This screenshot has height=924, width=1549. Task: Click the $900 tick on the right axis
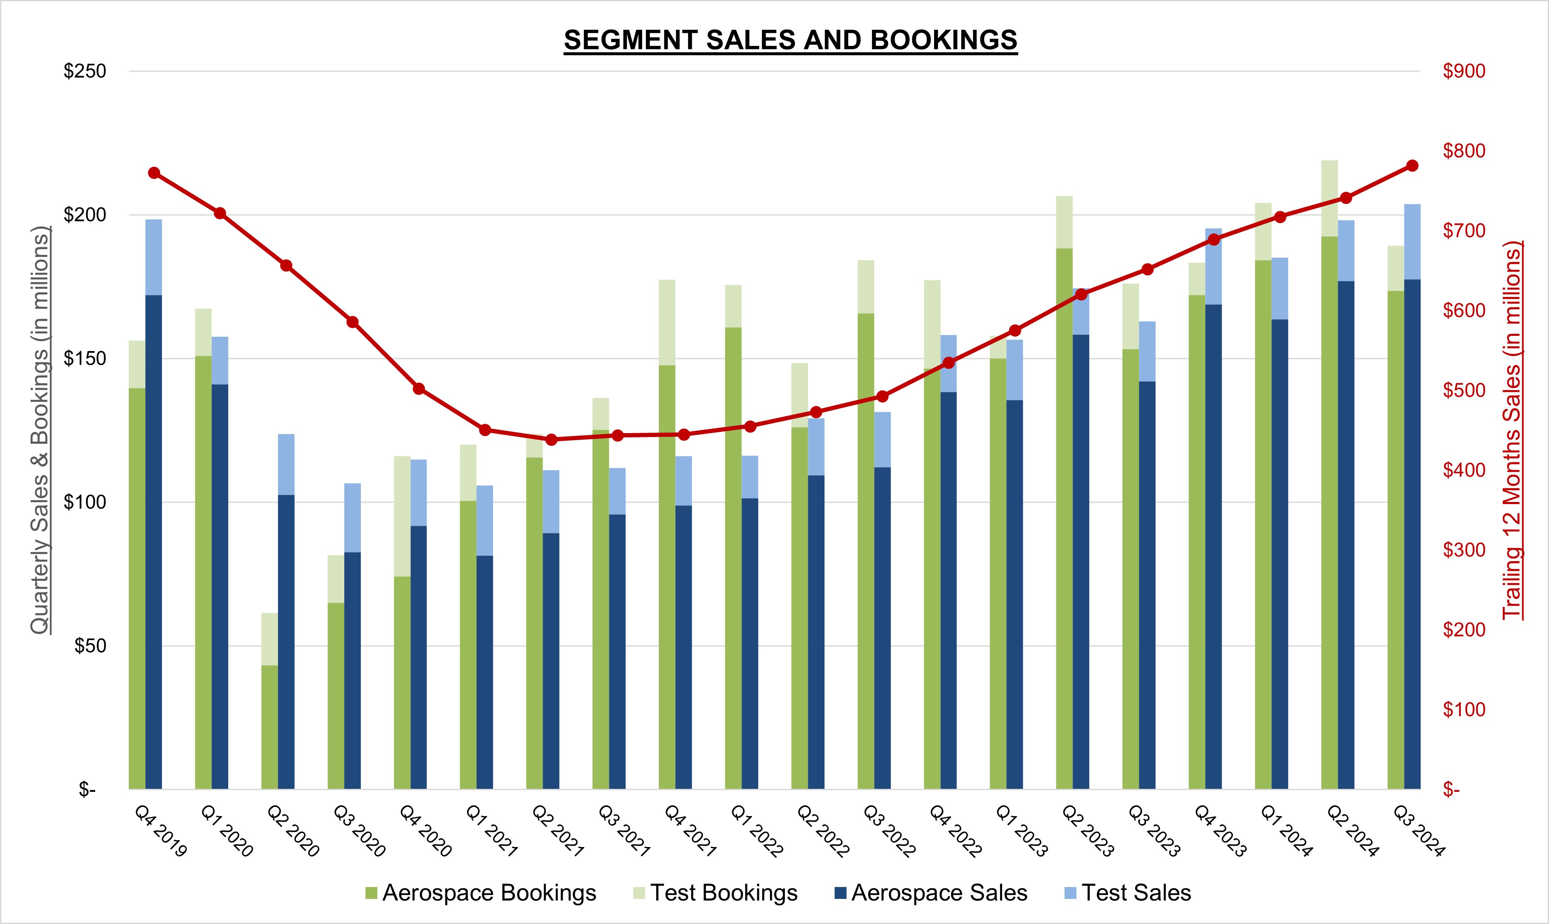tap(1464, 71)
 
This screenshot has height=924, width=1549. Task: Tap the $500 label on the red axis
tap(1464, 391)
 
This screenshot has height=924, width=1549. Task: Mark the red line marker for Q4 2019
tap(154, 173)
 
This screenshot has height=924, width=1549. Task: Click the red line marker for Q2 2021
tap(551, 439)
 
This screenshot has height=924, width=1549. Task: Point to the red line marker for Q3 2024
tap(1412, 166)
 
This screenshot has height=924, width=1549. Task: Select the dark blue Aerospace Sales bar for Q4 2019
tap(154, 542)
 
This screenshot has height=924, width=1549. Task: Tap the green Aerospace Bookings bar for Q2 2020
tap(269, 727)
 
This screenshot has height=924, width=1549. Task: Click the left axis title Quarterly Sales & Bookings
tap(40, 430)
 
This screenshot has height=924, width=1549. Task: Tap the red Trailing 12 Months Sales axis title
tap(1512, 430)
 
